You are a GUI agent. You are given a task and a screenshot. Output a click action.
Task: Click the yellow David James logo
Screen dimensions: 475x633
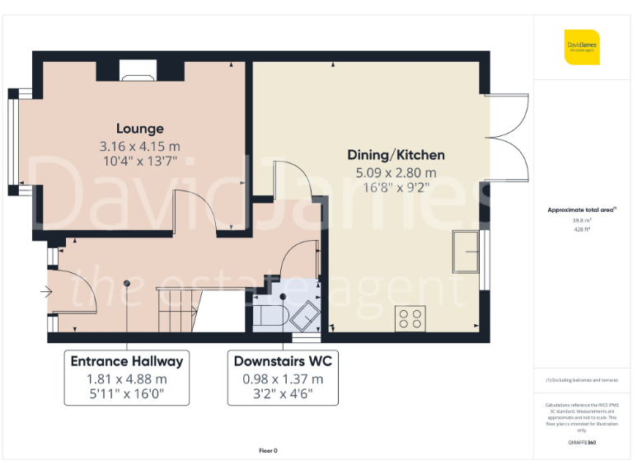coord(582,47)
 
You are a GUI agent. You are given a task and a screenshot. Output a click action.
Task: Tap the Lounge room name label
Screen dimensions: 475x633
coord(139,129)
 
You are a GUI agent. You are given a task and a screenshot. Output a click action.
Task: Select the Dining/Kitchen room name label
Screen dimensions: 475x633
coord(396,155)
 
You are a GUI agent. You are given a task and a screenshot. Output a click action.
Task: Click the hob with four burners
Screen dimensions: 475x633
coord(411,317)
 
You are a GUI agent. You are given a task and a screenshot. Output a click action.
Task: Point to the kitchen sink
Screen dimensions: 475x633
coord(467,252)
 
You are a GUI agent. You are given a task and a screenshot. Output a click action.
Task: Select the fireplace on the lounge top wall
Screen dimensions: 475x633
coord(132,72)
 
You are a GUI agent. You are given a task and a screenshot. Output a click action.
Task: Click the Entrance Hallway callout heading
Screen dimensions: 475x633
coord(127,361)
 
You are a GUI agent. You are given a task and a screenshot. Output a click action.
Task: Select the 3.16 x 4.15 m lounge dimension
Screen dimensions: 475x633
coord(139,146)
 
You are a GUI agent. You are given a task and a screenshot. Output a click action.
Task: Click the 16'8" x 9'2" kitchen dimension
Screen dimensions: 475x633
coord(396,187)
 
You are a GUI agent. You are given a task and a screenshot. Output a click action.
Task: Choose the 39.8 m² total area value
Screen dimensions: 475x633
coord(582,220)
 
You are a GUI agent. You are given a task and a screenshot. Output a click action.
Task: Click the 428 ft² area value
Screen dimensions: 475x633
coord(582,230)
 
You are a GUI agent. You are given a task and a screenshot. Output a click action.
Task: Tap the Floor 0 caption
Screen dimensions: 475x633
coord(269,450)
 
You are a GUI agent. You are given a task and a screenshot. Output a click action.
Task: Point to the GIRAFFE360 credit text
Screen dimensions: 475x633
coord(582,444)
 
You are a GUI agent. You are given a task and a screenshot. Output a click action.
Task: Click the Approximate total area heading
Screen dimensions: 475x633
coord(580,210)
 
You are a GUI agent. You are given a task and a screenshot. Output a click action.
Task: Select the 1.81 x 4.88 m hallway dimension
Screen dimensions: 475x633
coord(127,379)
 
